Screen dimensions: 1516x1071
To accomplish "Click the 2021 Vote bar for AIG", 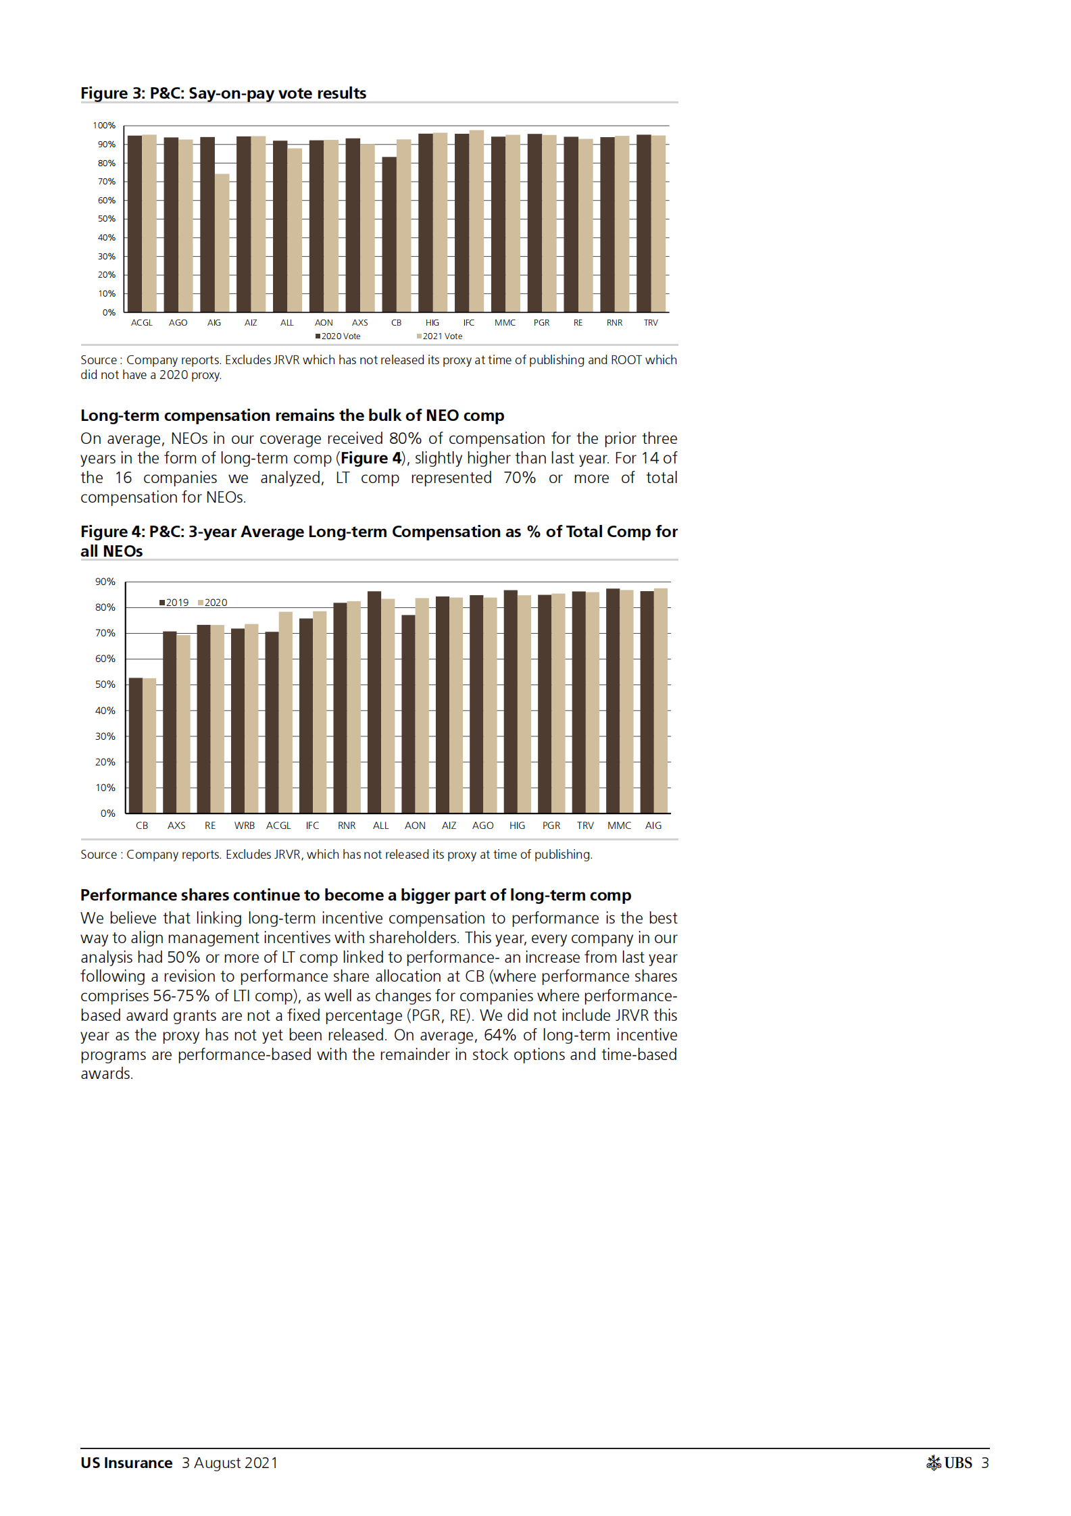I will [x=222, y=243].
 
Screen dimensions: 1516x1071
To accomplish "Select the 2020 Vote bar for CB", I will [x=389, y=234].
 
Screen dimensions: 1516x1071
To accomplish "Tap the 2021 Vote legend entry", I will [x=440, y=336].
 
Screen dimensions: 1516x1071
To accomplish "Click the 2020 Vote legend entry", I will [x=339, y=336].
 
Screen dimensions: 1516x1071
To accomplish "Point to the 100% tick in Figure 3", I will [x=104, y=126].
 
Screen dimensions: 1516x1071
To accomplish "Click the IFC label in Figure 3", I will [x=469, y=323].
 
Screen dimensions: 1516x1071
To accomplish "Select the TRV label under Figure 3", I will [x=651, y=323].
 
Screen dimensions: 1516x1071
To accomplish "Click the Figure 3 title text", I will [x=223, y=93].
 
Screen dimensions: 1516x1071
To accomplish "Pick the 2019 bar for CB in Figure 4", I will [x=136, y=745].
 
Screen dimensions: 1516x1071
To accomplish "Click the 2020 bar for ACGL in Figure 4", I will [x=286, y=712].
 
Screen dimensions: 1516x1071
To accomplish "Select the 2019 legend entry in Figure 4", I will [x=174, y=603].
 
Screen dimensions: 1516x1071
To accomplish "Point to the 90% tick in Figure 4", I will [x=105, y=582].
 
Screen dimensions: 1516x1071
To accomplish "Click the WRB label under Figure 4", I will [x=245, y=826].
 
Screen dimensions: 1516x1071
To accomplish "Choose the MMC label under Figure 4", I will [x=619, y=826].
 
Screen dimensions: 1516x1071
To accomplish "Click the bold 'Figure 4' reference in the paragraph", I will [x=370, y=458].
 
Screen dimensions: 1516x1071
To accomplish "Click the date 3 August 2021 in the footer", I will [x=230, y=1463].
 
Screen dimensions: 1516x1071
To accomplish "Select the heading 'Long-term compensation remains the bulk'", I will [x=292, y=415].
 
